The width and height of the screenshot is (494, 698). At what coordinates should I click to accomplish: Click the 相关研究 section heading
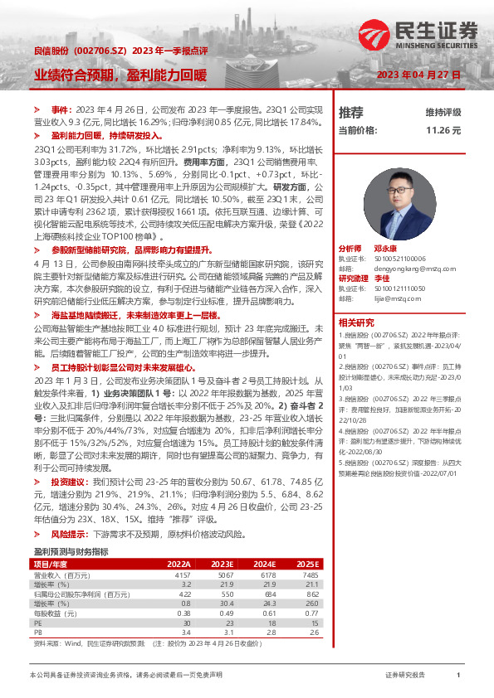(357, 322)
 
